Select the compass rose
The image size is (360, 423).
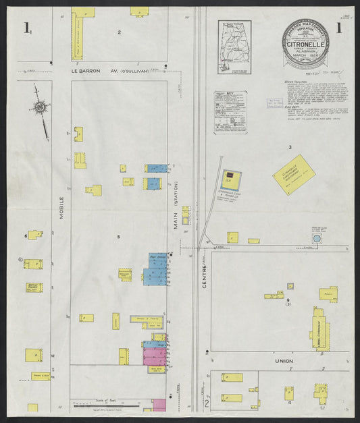[41, 108]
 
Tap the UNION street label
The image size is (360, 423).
[283, 361]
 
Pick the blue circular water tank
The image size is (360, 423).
[316, 239]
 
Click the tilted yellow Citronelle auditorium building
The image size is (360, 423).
[294, 173]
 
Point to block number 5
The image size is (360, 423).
[118, 236]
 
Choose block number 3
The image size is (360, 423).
[290, 146]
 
